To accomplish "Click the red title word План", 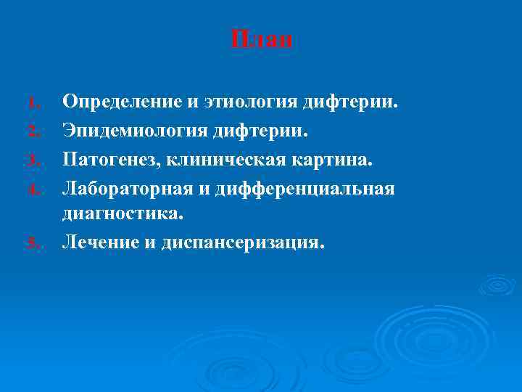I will pos(262,39).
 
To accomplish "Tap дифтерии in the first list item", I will pos(349,102).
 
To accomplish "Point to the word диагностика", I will pos(123,215).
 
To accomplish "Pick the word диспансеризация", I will pos(237,242).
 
